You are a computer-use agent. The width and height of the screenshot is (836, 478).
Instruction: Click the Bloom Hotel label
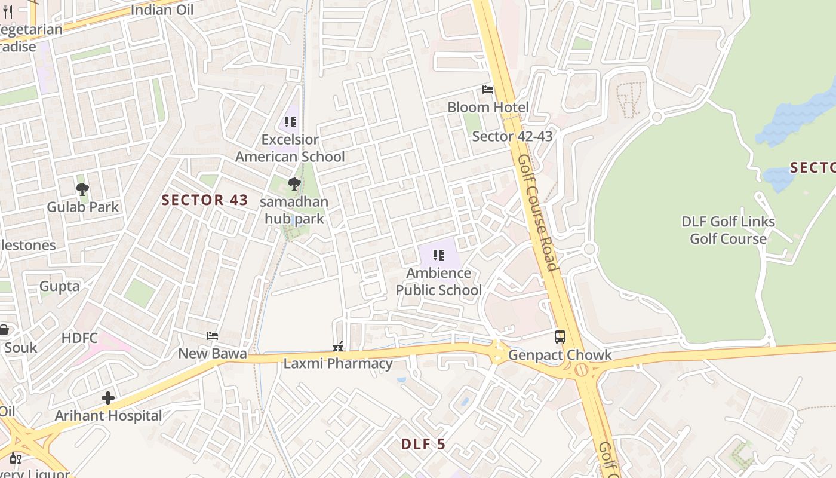pyautogui.click(x=488, y=108)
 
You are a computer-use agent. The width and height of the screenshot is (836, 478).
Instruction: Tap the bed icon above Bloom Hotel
pyautogui.click(x=488, y=90)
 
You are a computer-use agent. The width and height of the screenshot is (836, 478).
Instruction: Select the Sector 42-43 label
pyautogui.click(x=512, y=136)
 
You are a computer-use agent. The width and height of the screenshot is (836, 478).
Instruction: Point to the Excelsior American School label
pyautogui.click(x=290, y=148)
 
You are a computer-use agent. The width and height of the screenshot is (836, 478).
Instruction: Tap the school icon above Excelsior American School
pyautogui.click(x=290, y=122)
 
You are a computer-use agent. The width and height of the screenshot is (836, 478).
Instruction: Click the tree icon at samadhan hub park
pyautogui.click(x=294, y=184)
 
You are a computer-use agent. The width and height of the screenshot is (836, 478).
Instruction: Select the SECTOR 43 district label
pyautogui.click(x=205, y=200)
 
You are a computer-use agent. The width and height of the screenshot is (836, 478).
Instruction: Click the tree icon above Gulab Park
pyautogui.click(x=82, y=190)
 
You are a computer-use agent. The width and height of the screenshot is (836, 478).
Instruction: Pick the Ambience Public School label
pyautogui.click(x=439, y=281)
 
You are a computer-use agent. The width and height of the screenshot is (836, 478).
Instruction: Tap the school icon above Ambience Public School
pyautogui.click(x=439, y=256)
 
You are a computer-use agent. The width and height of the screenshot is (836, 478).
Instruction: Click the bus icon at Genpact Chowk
pyautogui.click(x=560, y=337)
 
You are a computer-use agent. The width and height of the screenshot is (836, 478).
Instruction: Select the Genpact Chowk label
pyautogui.click(x=560, y=355)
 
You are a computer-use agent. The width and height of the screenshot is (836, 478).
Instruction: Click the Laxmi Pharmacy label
pyautogui.click(x=338, y=363)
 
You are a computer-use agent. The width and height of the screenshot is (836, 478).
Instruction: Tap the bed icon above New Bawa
pyautogui.click(x=212, y=336)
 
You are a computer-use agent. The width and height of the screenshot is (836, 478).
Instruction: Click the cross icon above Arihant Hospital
pyautogui.click(x=108, y=398)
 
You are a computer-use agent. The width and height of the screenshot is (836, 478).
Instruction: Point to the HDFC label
pyautogui.click(x=79, y=338)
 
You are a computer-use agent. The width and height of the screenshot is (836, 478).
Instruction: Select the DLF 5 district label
pyautogui.click(x=423, y=444)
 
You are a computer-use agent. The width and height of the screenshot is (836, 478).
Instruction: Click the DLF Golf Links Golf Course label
pyautogui.click(x=728, y=230)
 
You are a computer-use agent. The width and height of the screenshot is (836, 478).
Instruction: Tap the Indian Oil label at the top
pyautogui.click(x=161, y=10)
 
